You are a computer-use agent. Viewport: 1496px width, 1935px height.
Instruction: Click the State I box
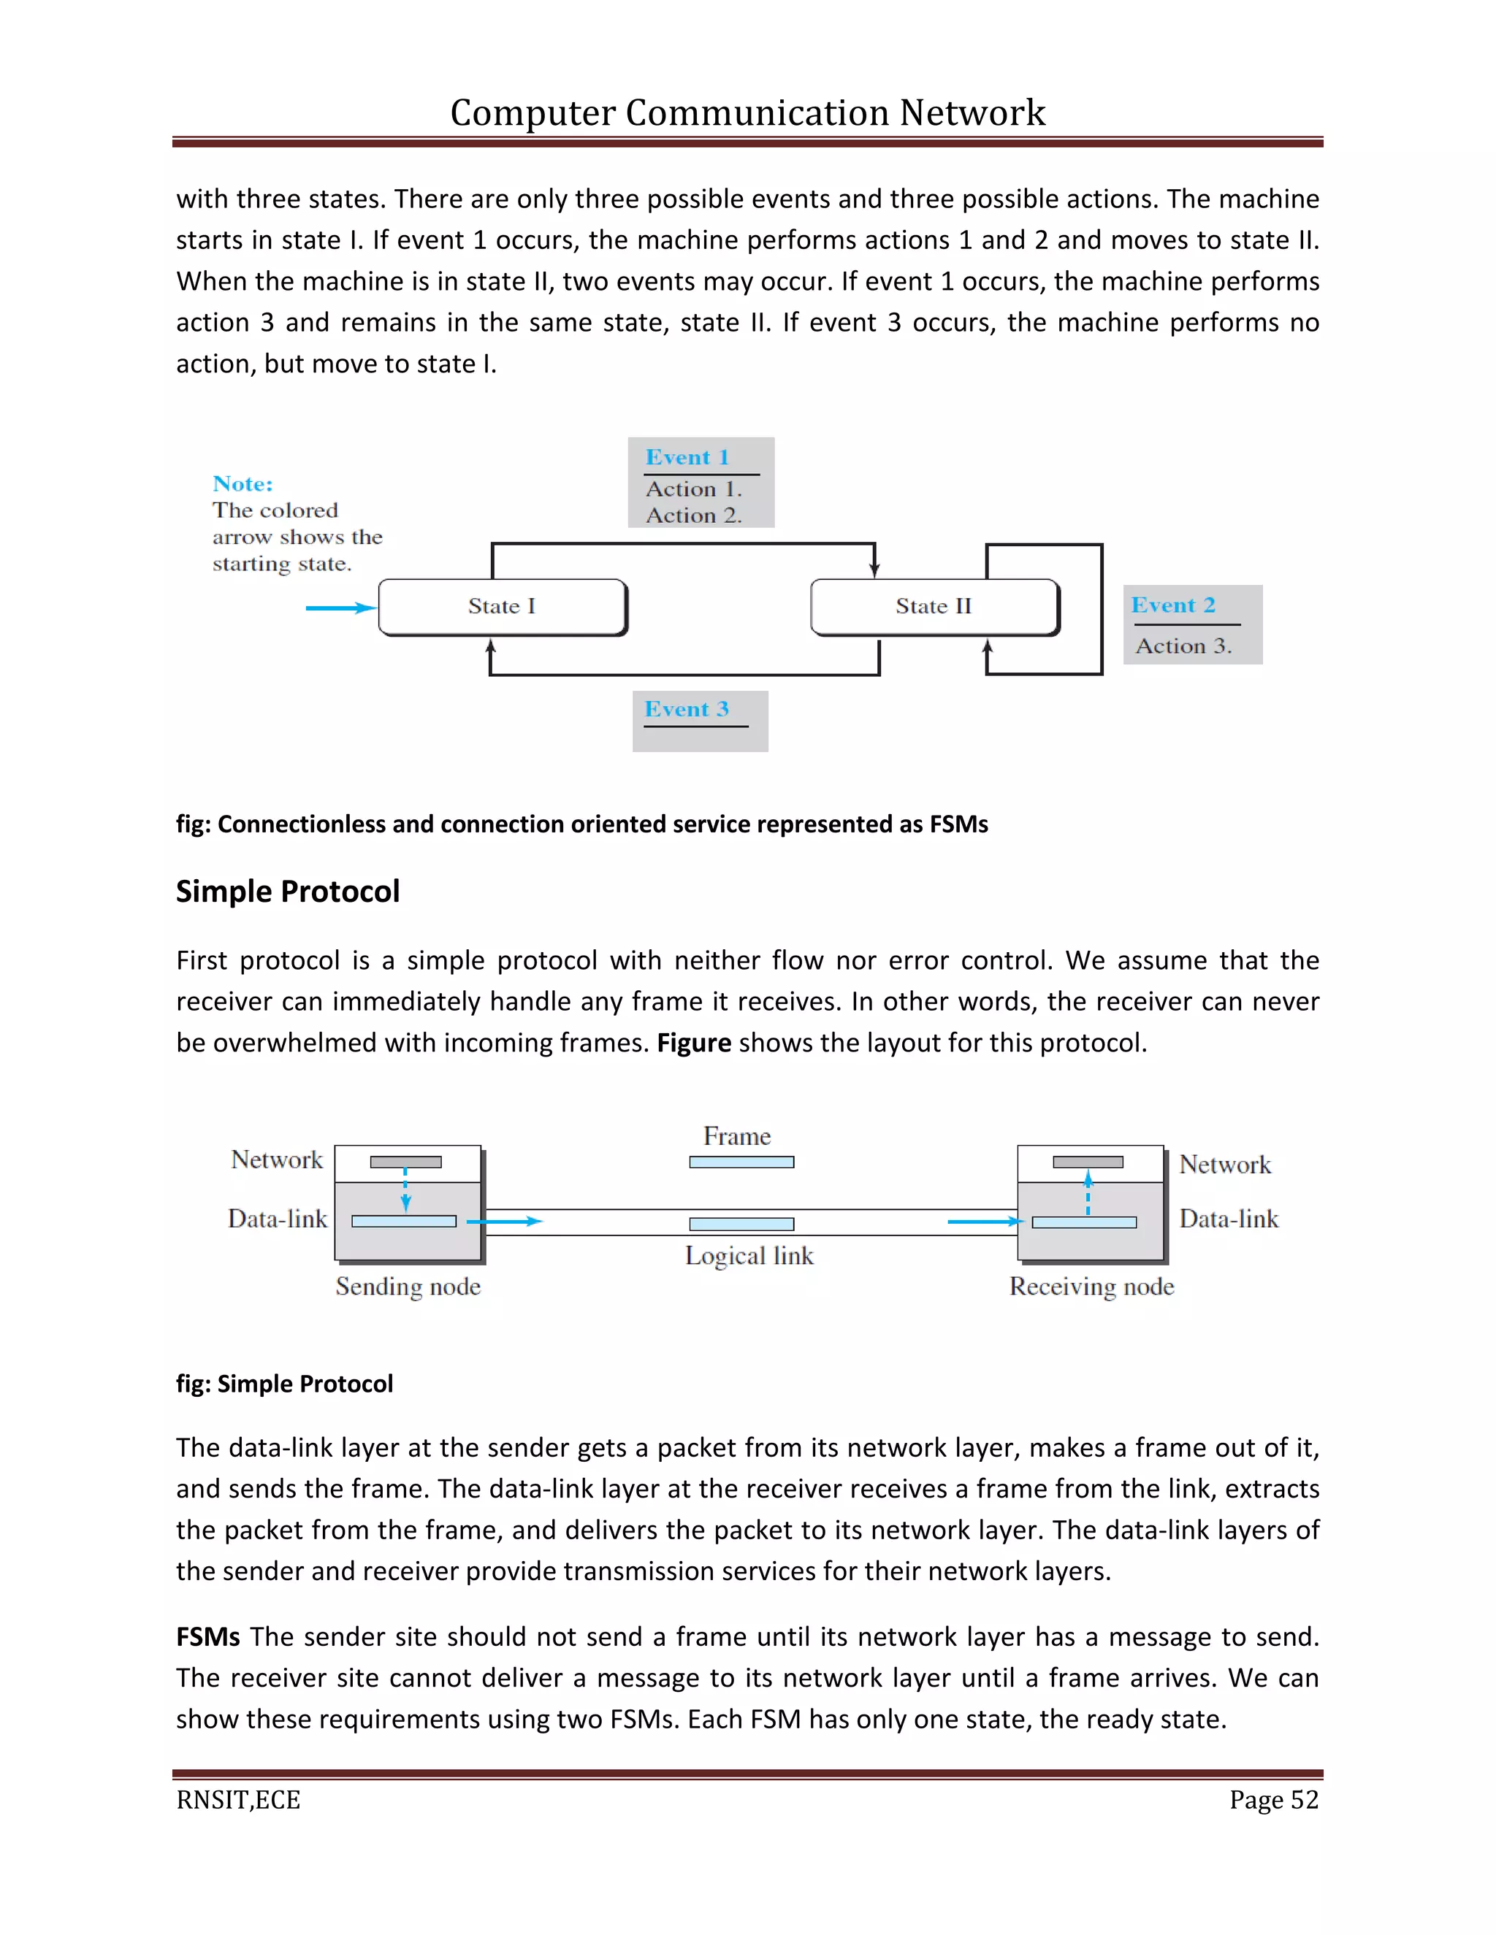(502, 607)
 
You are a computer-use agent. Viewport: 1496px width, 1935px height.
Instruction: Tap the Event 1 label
(687, 458)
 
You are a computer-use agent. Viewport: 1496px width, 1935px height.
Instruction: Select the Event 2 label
(1172, 606)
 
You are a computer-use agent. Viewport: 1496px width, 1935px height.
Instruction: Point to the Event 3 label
(686, 710)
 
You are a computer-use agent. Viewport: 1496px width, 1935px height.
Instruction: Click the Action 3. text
(1183, 647)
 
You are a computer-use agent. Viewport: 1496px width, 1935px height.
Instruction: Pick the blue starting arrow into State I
(340, 608)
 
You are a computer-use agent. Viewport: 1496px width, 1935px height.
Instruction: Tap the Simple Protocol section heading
(287, 892)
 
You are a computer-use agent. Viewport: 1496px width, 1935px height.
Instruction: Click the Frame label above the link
(736, 1137)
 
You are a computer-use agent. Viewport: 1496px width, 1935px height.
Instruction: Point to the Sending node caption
(408, 1287)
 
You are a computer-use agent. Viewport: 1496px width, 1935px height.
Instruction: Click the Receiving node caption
(1091, 1287)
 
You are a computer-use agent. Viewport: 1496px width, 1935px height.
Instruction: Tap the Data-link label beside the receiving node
(1229, 1220)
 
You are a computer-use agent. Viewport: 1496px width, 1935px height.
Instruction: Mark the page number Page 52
(1273, 1801)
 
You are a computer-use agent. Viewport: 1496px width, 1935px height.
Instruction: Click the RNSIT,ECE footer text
(238, 1801)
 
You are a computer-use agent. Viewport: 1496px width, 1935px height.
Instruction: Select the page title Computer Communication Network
(747, 113)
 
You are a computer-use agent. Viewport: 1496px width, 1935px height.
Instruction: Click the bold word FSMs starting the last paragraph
(207, 1637)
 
